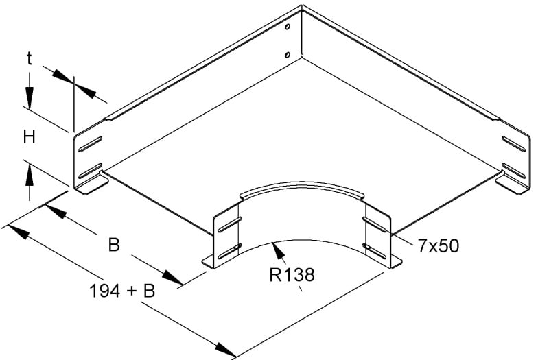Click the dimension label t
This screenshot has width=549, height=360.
pos(30,59)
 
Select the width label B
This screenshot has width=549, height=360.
pos(114,245)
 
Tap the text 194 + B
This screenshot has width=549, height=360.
pos(123,291)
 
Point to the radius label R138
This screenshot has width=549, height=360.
pos(292,275)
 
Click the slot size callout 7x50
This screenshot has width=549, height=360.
pos(438,246)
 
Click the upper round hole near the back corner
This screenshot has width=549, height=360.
pos(288,27)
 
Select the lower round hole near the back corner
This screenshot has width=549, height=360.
pos(288,55)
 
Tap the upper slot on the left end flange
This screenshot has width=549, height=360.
pos(91,144)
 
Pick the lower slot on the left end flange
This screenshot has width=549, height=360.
pos(91,171)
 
